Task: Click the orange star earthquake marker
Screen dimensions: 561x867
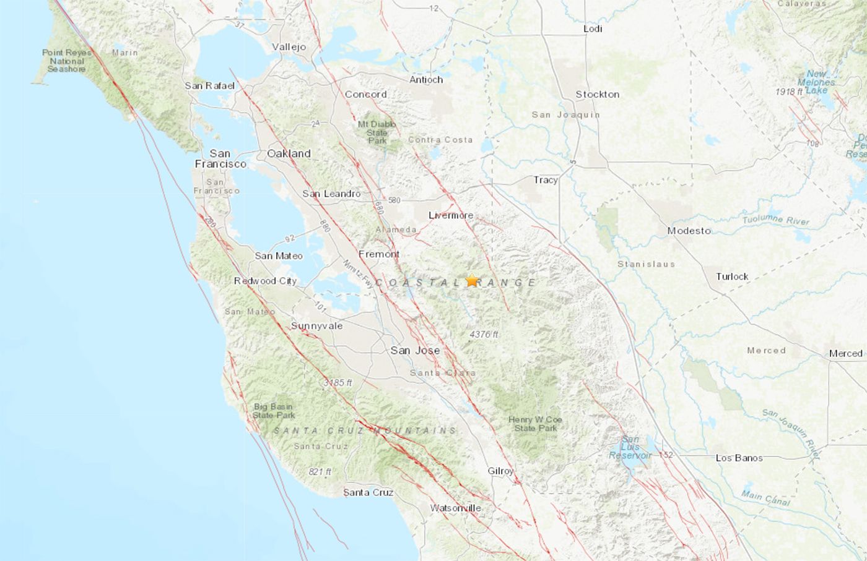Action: point(472,280)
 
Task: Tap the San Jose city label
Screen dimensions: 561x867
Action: point(415,350)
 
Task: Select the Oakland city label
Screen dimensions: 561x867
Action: point(289,153)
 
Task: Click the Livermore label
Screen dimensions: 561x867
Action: point(451,215)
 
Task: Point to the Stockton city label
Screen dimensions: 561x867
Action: point(597,94)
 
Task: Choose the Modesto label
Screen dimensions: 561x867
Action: point(689,231)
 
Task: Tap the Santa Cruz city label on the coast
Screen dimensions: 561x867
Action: point(368,492)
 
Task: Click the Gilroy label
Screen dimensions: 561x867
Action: point(500,471)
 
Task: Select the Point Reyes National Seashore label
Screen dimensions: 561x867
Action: point(66,61)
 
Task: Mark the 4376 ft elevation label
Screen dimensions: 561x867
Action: point(484,334)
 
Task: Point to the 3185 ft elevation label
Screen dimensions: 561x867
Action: point(338,383)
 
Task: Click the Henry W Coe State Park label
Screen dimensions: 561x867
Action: point(535,424)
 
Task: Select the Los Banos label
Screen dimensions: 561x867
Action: point(739,458)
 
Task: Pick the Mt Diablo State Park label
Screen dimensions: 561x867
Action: point(377,132)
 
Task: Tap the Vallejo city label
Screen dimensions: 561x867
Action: point(289,47)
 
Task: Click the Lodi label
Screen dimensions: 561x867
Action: point(593,28)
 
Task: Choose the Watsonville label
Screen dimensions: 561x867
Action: point(455,508)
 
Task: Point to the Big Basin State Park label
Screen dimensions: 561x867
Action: point(274,411)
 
